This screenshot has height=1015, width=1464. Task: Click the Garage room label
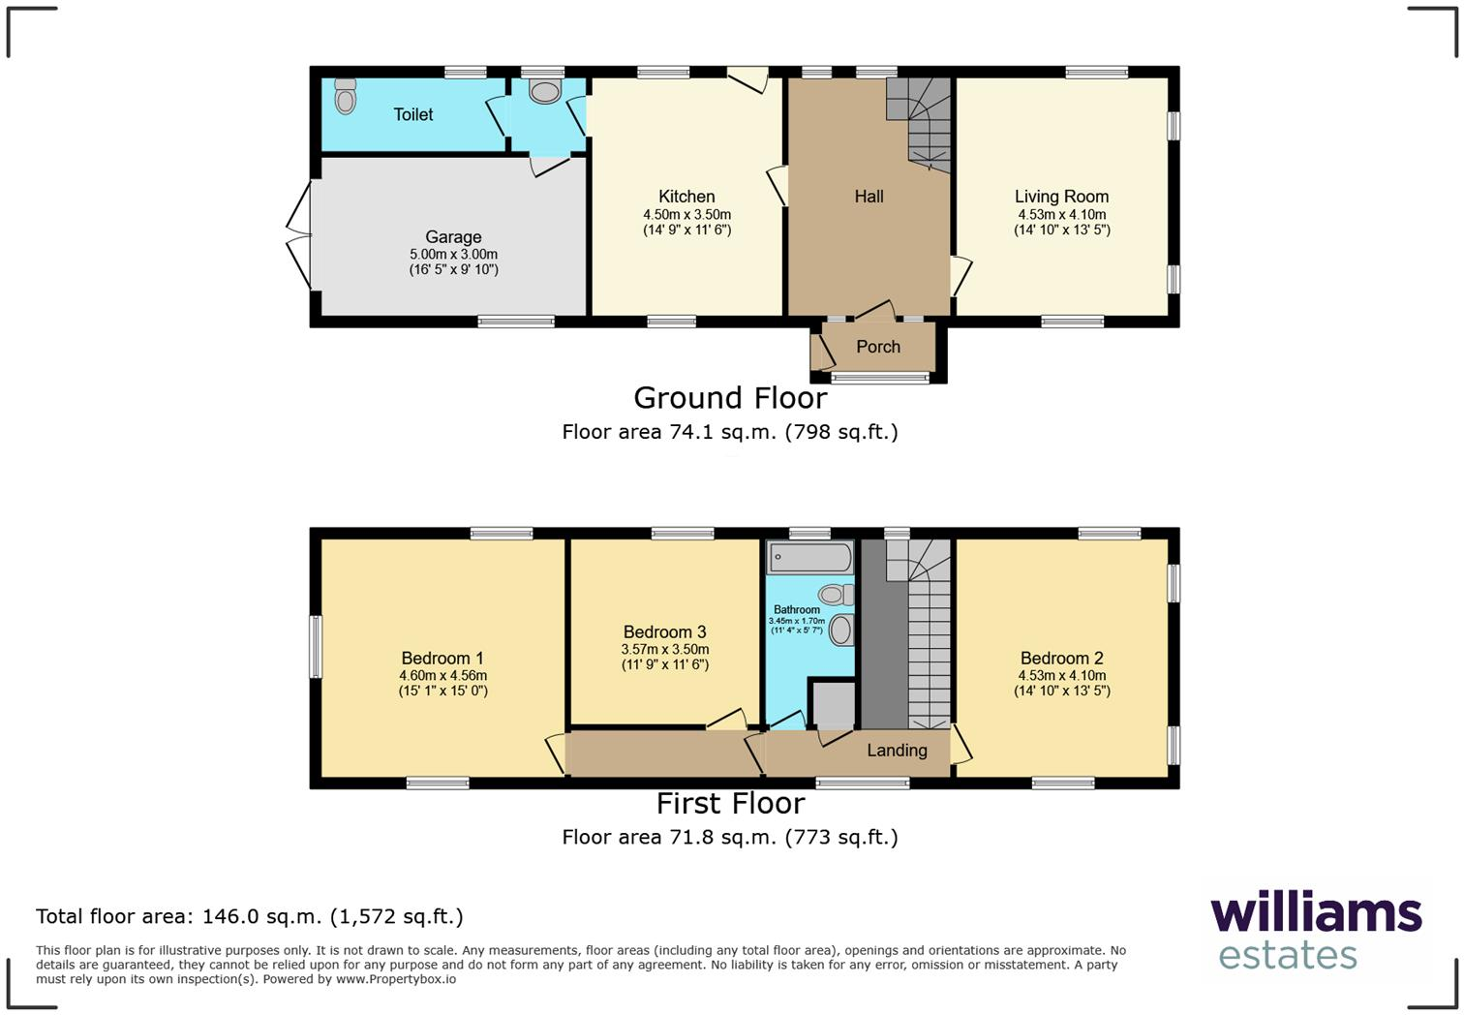[x=453, y=237]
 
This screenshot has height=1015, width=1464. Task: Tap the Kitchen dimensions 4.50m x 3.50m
[x=686, y=215]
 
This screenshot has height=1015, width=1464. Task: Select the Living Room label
[x=1061, y=197]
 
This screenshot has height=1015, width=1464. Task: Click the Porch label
[x=878, y=347]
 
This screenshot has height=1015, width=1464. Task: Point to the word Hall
[x=869, y=197]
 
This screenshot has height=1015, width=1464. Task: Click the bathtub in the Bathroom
[x=809, y=558]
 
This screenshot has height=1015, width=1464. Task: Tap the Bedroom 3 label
[x=664, y=632]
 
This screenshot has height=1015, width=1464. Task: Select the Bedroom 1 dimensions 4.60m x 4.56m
[x=442, y=676]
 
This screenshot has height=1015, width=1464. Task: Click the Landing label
[x=897, y=750]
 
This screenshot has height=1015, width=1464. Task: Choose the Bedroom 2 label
[x=1061, y=658]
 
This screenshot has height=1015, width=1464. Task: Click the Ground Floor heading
[x=730, y=398]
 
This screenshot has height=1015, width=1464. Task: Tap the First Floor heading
[x=730, y=804]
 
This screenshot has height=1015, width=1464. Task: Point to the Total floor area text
[x=250, y=916]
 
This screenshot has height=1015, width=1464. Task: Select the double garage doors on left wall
[x=298, y=235]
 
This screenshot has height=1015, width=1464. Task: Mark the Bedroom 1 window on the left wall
[x=316, y=647]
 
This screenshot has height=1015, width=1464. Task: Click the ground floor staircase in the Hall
[x=920, y=121]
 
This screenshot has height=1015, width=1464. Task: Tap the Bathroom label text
[x=797, y=610]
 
